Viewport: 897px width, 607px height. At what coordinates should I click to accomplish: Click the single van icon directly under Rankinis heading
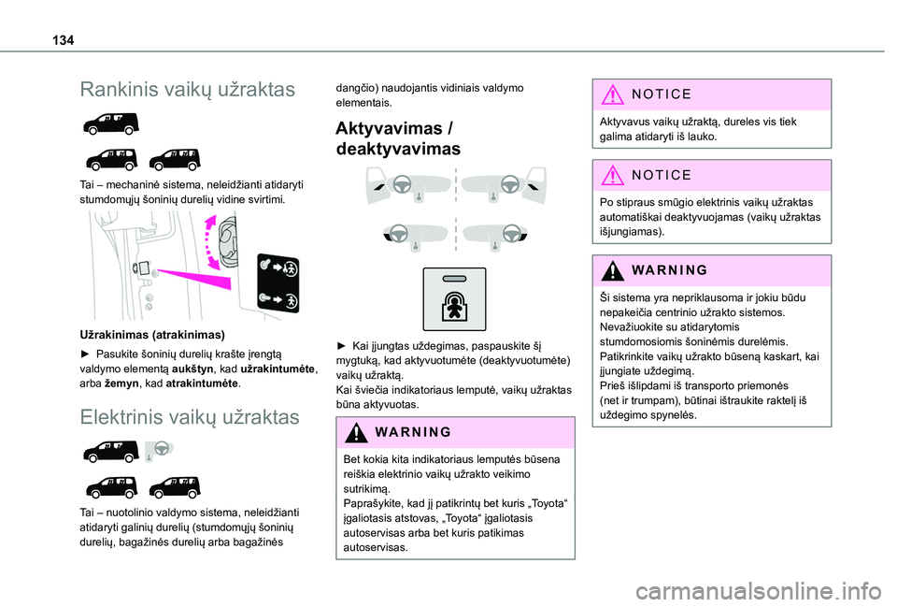tap(110, 123)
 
